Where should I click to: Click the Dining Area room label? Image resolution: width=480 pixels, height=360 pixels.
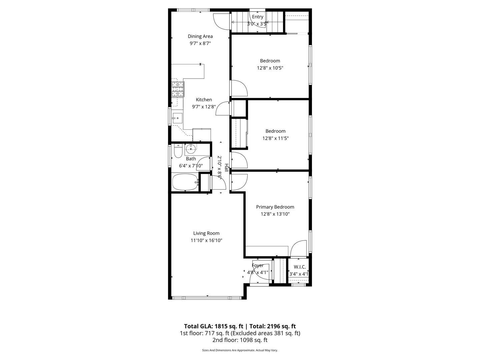(200, 36)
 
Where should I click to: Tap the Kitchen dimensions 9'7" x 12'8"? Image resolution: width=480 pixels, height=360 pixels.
(204, 107)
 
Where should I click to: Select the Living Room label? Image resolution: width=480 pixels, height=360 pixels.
(206, 233)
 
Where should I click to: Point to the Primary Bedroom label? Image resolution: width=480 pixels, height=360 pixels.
(275, 207)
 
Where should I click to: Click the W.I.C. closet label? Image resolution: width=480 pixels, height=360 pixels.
(300, 267)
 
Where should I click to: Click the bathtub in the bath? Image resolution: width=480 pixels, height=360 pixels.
(185, 182)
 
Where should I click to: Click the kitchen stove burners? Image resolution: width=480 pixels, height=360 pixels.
(178, 89)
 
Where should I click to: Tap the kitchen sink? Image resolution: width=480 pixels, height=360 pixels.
(177, 117)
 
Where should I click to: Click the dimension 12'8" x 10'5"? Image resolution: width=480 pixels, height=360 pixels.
(270, 68)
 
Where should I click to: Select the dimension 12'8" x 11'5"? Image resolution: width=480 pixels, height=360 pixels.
(275, 138)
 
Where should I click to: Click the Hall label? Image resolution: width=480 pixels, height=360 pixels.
(227, 168)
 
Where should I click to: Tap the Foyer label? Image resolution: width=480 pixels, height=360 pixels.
(258, 266)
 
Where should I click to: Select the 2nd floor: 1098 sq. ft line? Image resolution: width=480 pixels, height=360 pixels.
(240, 340)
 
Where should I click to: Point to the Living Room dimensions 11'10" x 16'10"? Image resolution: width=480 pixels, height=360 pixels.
(206, 240)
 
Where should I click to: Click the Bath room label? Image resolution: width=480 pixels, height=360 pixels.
(191, 159)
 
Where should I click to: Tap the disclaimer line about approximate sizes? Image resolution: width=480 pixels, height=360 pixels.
(240, 350)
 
